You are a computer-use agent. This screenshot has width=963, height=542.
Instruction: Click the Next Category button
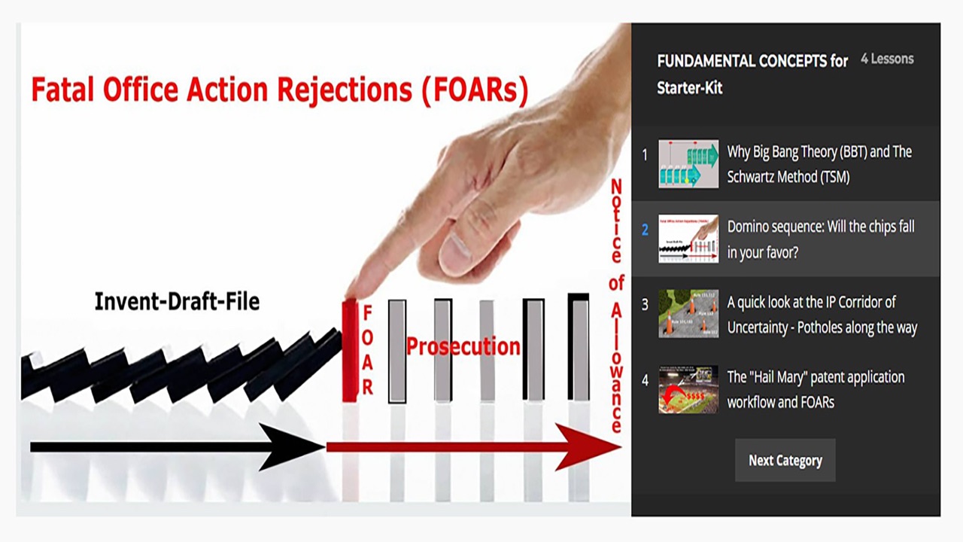(785, 460)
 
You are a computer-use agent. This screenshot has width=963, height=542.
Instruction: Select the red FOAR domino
(350, 351)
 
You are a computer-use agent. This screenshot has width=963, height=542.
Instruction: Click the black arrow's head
(293, 447)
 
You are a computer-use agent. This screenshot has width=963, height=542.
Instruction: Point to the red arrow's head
(588, 447)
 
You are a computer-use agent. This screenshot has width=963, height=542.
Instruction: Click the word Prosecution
(463, 346)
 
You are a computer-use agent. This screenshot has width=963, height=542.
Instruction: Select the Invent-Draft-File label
(177, 301)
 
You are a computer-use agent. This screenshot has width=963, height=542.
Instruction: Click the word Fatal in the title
(62, 90)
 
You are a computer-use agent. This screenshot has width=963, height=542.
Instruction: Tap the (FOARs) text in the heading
(475, 90)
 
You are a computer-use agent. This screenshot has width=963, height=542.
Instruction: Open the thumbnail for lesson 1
(688, 163)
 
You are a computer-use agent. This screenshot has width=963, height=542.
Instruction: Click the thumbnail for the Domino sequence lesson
(688, 239)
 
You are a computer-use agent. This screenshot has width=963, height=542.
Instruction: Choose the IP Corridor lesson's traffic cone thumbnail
(688, 314)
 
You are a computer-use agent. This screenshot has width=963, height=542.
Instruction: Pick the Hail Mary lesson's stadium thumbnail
(688, 389)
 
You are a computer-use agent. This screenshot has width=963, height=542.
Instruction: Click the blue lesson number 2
(645, 230)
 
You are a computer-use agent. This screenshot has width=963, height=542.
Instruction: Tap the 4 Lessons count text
(887, 59)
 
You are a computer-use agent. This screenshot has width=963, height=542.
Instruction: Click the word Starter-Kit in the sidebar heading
(690, 88)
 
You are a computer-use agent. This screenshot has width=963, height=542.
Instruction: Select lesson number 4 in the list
(645, 380)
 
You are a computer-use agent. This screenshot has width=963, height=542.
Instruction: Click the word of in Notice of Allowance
(616, 283)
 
